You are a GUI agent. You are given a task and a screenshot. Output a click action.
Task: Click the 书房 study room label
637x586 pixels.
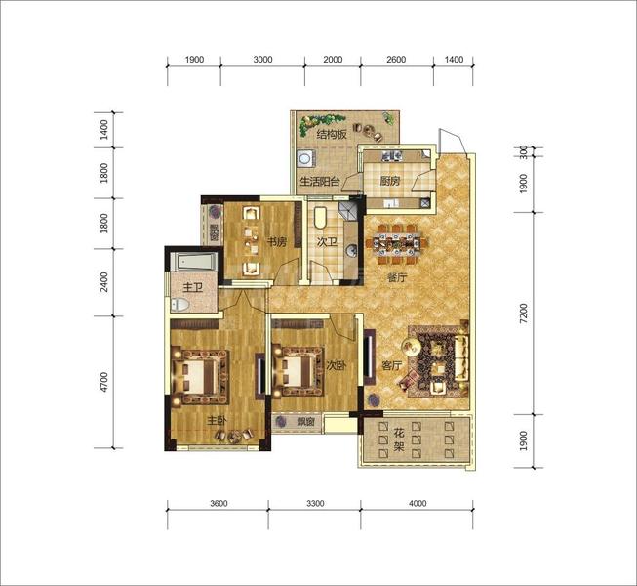pyautogui.click(x=277, y=242)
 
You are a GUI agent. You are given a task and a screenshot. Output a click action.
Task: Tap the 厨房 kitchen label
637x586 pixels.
pyautogui.click(x=390, y=181)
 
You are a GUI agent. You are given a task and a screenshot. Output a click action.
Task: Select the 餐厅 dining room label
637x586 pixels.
pyautogui.click(x=397, y=278)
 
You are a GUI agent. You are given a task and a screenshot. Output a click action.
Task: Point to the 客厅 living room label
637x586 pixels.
pyautogui.click(x=391, y=366)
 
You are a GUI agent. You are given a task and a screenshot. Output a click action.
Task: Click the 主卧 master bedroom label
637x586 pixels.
pyautogui.click(x=217, y=421)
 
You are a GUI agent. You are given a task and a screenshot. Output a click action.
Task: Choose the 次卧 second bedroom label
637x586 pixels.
pyautogui.click(x=337, y=365)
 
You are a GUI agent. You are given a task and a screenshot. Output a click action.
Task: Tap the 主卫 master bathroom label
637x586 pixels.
pyautogui.click(x=192, y=288)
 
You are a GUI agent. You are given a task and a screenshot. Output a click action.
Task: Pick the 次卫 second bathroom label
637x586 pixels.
pyautogui.click(x=327, y=242)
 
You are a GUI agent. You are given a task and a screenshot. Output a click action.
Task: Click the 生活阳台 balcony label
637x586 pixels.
pyautogui.click(x=320, y=182)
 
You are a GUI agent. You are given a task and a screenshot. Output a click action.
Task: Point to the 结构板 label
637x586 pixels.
pyautogui.click(x=332, y=134)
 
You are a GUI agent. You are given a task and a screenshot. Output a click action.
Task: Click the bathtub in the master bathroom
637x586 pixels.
pyautogui.click(x=193, y=262)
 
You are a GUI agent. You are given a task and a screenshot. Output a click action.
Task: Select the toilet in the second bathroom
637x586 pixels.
pyautogui.click(x=321, y=218)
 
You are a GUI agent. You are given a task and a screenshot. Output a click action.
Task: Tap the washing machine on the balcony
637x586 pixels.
pyautogui.click(x=304, y=158)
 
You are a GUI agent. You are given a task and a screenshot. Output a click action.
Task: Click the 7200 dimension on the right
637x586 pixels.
pyautogui.click(x=524, y=314)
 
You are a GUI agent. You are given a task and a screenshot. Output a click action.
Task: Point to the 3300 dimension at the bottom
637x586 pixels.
pyautogui.click(x=315, y=503)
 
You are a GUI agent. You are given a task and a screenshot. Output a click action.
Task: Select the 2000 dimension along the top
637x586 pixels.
pyautogui.click(x=333, y=60)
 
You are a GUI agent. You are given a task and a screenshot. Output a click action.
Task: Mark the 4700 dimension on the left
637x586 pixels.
pyautogui.click(x=104, y=382)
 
